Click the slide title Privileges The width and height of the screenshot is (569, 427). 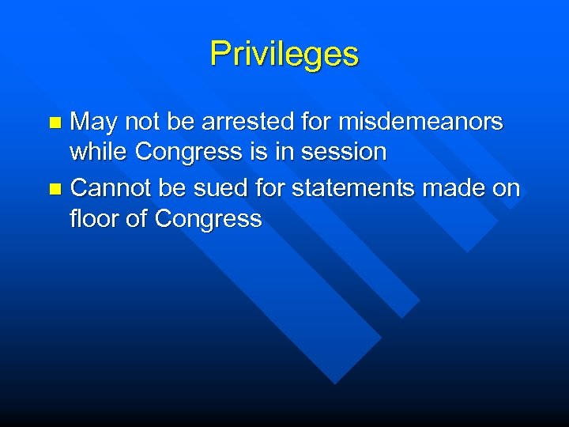click(284, 55)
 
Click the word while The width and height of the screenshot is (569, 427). click(98, 152)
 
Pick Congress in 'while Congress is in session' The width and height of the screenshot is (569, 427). click(187, 152)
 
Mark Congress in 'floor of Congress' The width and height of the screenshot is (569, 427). click(208, 218)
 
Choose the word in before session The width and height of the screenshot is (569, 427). click(281, 152)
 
